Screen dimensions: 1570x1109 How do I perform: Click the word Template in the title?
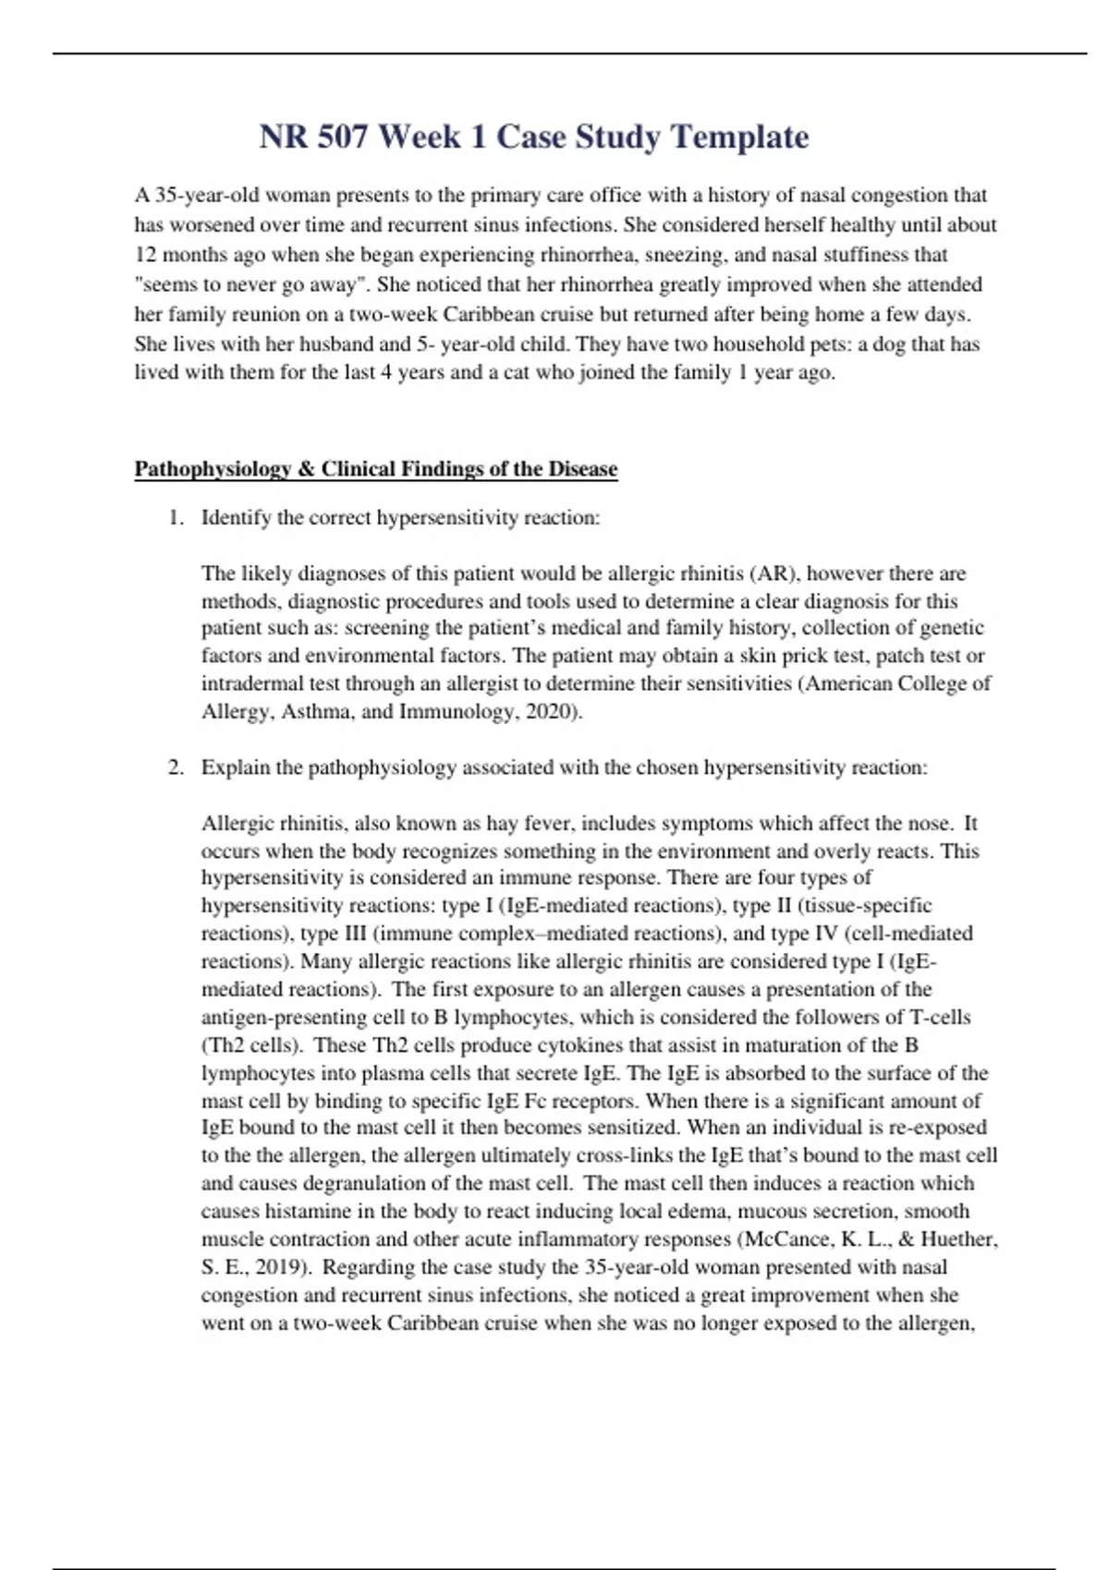(739, 137)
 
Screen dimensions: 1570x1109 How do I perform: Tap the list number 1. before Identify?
(177, 518)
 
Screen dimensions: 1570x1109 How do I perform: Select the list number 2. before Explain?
(177, 767)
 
